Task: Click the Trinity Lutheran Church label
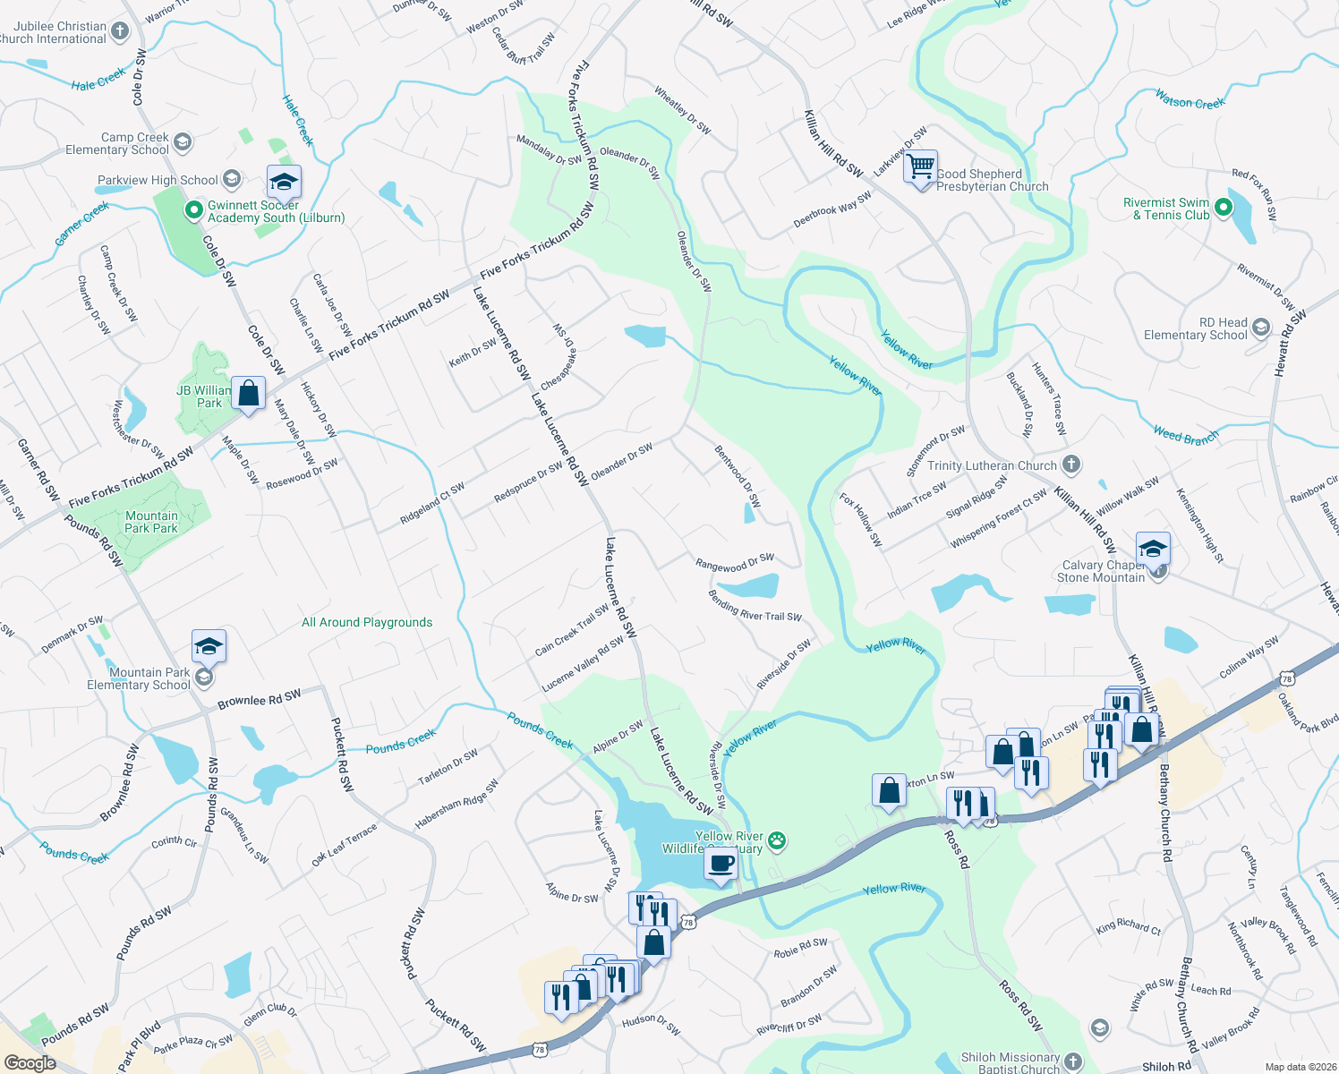pos(992,465)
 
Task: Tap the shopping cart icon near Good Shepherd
pos(921,166)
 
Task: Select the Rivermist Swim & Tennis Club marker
pos(1223,209)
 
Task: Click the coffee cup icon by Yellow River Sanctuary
pos(721,864)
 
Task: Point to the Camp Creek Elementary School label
pos(117,143)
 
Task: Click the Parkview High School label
pos(158,180)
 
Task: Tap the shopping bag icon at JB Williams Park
pos(249,393)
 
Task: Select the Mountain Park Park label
pos(151,522)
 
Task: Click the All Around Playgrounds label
pos(367,622)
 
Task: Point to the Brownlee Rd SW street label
pos(260,699)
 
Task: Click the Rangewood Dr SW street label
pos(735,563)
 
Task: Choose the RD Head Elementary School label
pos(1196,328)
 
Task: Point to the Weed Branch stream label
pos(1186,435)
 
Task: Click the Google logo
pos(30,1063)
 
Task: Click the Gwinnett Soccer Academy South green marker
pos(192,211)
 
